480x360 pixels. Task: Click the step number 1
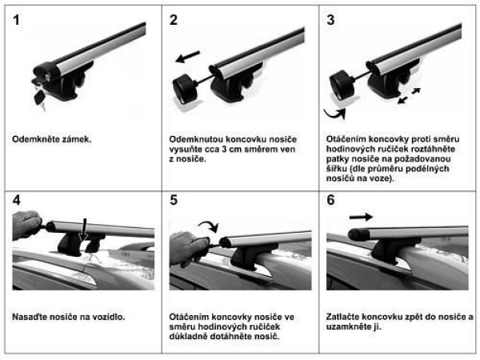tap(16, 20)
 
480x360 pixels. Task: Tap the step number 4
tap(17, 200)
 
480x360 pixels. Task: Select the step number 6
tap(330, 200)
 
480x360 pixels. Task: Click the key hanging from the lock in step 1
tap(40, 97)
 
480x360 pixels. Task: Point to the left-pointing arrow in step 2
tap(188, 57)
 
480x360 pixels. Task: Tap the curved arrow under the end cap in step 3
tap(335, 114)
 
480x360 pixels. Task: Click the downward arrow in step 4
tap(84, 230)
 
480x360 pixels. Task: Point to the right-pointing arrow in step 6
tap(362, 217)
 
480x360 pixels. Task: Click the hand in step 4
tap(26, 225)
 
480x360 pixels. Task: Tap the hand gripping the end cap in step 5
tap(189, 247)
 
